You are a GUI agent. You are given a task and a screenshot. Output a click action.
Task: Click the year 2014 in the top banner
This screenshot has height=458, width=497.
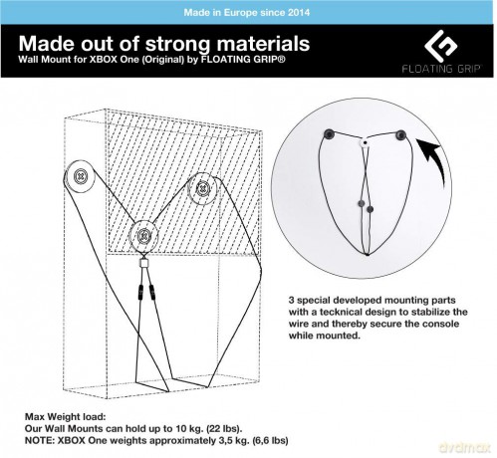pos(299,13)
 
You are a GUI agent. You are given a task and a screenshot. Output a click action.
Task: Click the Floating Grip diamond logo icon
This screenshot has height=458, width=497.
pos(441,46)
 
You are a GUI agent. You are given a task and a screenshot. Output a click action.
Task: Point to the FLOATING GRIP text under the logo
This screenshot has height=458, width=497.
pos(441,69)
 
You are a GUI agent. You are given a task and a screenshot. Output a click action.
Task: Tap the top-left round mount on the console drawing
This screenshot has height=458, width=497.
pos(81,176)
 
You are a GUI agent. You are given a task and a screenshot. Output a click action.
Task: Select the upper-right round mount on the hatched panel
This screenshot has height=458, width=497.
pos(202,189)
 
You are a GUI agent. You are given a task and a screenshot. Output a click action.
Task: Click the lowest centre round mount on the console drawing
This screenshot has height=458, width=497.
pos(143,236)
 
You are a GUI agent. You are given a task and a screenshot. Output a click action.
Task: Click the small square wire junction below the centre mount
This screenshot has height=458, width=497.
pos(143,263)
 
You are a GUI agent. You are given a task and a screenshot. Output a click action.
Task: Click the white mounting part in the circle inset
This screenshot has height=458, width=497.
pos(365,143)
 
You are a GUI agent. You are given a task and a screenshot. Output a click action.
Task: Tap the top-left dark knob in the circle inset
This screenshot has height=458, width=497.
pos(329,133)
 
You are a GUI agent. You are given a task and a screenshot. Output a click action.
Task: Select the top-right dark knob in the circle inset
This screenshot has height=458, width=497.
pos(400,135)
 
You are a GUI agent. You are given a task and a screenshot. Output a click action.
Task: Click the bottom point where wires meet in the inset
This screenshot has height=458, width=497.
pos(367,254)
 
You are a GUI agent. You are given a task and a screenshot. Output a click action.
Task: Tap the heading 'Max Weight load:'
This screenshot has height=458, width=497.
pos(65,416)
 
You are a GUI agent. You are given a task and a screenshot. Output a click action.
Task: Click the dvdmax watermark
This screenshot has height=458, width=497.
pos(464,447)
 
